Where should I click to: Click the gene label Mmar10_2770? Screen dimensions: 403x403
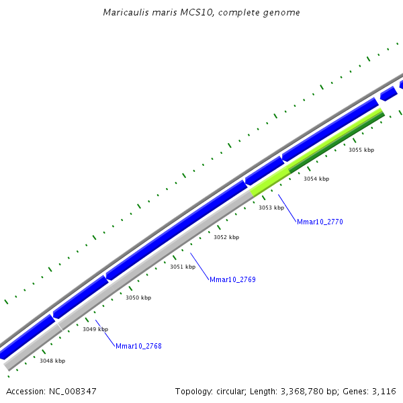320,222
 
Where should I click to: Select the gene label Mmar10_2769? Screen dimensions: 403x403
232,279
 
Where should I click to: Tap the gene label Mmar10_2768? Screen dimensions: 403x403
138,347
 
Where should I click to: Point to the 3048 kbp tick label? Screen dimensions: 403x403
52,361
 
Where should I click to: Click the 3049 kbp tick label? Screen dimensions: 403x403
95,329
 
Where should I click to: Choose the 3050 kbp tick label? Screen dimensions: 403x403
138,298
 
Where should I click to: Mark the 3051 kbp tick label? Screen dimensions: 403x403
183,267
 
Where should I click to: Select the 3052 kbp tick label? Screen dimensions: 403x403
226,237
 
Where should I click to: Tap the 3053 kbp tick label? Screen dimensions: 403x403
271,208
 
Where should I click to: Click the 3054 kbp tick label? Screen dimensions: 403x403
316,179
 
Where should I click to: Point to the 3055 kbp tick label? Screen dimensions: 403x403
361,150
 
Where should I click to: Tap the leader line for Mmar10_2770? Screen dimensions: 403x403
287,207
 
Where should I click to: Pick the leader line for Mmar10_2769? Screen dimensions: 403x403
199,265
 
